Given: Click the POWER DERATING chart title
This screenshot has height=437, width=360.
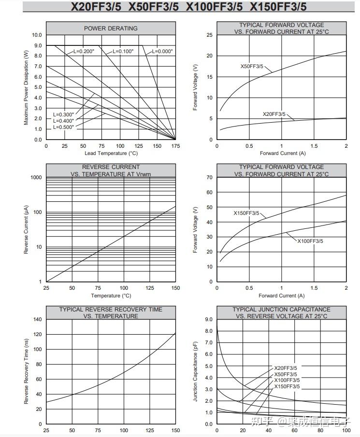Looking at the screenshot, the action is coord(111,28).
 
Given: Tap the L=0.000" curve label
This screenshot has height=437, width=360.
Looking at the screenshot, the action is coord(162,51).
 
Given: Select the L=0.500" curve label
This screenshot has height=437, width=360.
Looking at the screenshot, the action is coord(64,127).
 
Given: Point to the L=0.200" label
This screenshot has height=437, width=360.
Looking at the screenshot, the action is coord(84,51).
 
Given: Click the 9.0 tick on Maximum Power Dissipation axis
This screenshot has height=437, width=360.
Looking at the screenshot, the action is coord(38,45).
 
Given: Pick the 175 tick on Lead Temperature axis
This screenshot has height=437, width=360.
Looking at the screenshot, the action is coord(175,146).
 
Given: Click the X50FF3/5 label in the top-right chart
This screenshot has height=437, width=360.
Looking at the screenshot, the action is coord(252,66).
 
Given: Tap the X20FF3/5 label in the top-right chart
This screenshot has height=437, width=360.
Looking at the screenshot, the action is coord(274,114).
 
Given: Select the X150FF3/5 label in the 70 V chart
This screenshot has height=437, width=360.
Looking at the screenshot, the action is coord(246,213).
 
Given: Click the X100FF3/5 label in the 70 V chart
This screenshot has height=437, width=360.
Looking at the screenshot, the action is coord(310,241).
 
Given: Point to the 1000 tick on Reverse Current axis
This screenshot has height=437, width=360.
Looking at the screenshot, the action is coord(36,178).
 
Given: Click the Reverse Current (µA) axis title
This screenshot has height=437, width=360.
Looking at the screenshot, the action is coord(26,230).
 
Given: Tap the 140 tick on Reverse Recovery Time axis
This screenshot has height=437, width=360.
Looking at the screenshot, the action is coord(37,319).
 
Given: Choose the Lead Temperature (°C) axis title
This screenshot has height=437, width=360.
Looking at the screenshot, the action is coord(111,153).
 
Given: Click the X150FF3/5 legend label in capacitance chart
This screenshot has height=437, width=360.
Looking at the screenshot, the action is coord(287,387).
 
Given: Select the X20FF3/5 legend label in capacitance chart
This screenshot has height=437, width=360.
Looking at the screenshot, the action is coord(286,368).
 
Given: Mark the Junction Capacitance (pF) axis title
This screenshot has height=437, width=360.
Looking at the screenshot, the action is coord(195,371).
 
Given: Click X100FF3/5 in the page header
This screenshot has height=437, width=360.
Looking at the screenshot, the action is coord(214,7).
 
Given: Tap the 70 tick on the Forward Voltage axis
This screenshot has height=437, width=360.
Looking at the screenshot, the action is coord(209,178).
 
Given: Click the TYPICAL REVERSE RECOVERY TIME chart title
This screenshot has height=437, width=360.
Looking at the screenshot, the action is coord(111,313).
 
